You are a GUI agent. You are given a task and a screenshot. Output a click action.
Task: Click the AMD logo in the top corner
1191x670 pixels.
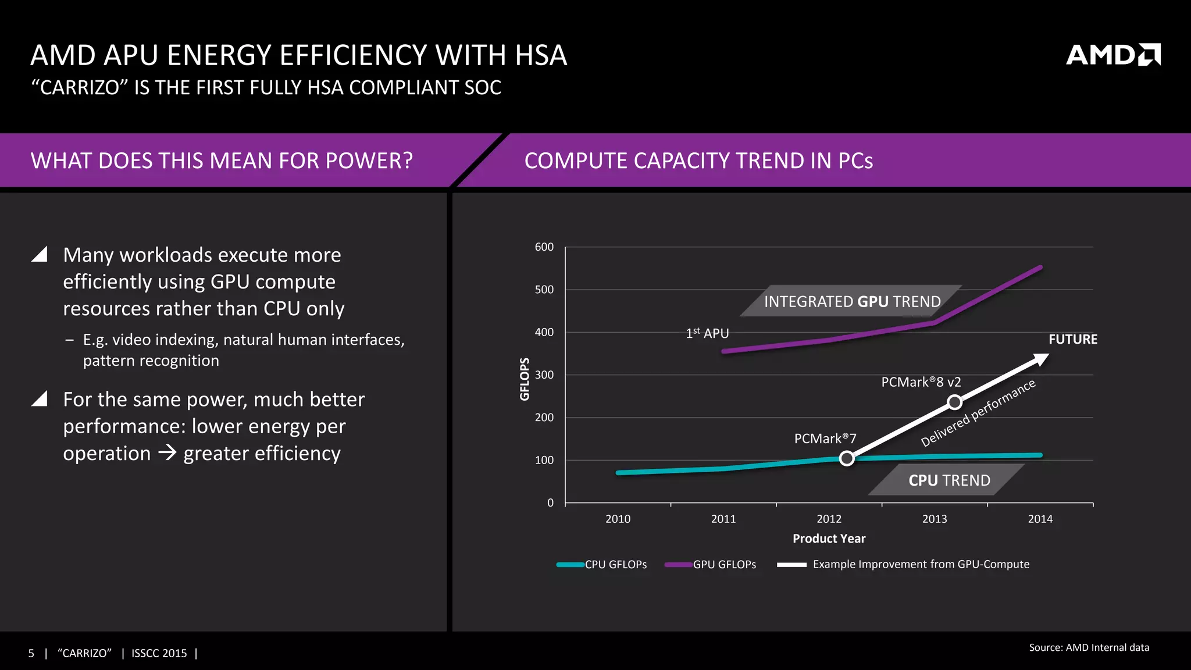point(1112,55)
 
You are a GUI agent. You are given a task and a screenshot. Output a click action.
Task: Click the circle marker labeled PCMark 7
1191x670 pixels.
point(847,458)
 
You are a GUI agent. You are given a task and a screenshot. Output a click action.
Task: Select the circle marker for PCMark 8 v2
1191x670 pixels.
point(954,402)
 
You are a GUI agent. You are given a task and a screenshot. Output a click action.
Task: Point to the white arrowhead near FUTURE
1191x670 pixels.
point(1040,359)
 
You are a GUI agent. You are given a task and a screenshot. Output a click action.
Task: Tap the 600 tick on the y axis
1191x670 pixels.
point(544,247)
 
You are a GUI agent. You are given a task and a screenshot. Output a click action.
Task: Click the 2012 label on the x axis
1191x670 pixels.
point(829,519)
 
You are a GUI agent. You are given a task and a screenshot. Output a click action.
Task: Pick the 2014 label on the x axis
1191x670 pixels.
point(1040,519)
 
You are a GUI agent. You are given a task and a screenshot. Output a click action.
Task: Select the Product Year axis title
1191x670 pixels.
point(829,539)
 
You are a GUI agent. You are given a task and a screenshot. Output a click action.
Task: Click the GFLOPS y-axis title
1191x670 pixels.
point(525,379)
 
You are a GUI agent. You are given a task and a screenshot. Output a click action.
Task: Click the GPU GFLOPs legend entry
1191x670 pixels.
point(711,564)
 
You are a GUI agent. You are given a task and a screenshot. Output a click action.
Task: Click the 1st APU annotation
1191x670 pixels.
point(707,333)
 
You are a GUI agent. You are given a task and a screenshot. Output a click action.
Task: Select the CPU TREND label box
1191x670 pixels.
point(948,480)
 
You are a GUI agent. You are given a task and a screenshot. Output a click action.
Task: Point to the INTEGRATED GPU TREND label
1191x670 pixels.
point(852,301)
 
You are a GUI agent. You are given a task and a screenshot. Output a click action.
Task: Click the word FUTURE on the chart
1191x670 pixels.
point(1072,339)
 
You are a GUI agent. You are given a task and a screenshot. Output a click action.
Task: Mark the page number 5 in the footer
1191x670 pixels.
point(31,653)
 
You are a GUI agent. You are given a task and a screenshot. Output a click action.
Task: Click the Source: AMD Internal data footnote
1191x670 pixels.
point(1089,647)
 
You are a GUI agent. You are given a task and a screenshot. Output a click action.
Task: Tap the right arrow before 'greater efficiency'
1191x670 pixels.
point(167,452)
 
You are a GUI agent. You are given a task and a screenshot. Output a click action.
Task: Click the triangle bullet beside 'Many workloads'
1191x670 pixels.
point(40,254)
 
